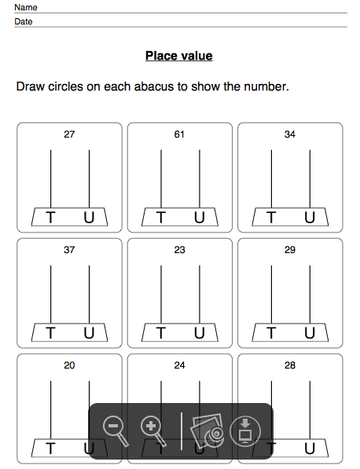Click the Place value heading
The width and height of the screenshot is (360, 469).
point(179,56)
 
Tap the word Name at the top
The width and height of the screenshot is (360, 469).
point(26,7)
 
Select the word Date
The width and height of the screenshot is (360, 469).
point(24,21)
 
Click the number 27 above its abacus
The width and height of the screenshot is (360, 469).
point(69,134)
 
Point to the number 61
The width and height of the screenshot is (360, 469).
point(179,134)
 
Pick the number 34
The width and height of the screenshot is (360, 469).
point(290,134)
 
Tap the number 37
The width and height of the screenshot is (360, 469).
point(69,250)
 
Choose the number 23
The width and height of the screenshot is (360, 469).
point(179,250)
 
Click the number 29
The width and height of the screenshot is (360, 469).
point(290,250)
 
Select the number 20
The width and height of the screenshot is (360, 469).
point(69,365)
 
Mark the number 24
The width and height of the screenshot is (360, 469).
point(179,365)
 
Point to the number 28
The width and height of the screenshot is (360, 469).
point(290,365)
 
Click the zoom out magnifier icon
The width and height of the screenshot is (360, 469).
point(116,431)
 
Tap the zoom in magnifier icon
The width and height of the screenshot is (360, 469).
point(153,431)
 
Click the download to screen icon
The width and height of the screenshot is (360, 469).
point(245,431)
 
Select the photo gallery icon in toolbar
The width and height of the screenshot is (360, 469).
point(207,431)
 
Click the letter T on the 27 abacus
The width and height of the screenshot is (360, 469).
point(50,218)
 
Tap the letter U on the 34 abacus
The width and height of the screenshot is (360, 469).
point(310,218)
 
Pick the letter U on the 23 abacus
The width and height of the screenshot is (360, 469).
point(200,333)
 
